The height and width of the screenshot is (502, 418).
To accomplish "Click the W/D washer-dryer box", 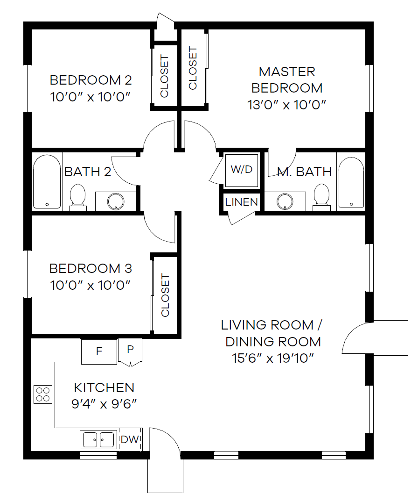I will tap(241, 170).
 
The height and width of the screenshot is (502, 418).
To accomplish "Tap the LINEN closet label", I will tap(241, 202).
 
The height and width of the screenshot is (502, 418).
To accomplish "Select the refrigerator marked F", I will tap(99, 351).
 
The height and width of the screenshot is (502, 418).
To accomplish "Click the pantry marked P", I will tap(130, 350).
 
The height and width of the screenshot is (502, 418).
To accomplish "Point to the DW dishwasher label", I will tap(130, 439).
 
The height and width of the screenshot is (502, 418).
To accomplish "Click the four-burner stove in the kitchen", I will tap(43, 394).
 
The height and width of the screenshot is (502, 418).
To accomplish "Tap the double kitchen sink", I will tap(98, 440).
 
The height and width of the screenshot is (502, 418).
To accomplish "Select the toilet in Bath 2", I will tap(77, 195).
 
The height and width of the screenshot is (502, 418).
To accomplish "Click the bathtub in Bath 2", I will tap(47, 181).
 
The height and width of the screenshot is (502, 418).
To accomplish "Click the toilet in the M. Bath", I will tap(321, 195).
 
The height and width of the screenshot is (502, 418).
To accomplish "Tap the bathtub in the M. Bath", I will tap(351, 181).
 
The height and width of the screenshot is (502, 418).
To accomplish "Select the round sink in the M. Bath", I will tap(284, 201).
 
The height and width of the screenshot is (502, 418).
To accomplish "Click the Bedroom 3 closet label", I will tap(165, 295).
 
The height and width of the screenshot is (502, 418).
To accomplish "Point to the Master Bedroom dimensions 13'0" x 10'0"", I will tap(286, 104).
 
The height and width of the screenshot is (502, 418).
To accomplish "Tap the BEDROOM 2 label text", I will tap(91, 80).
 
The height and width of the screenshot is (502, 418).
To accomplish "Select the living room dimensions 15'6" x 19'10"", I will tap(273, 358).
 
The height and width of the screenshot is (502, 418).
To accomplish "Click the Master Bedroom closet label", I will tap(193, 68).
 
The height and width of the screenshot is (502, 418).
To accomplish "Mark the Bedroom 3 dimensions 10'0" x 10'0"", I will tap(90, 285).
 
